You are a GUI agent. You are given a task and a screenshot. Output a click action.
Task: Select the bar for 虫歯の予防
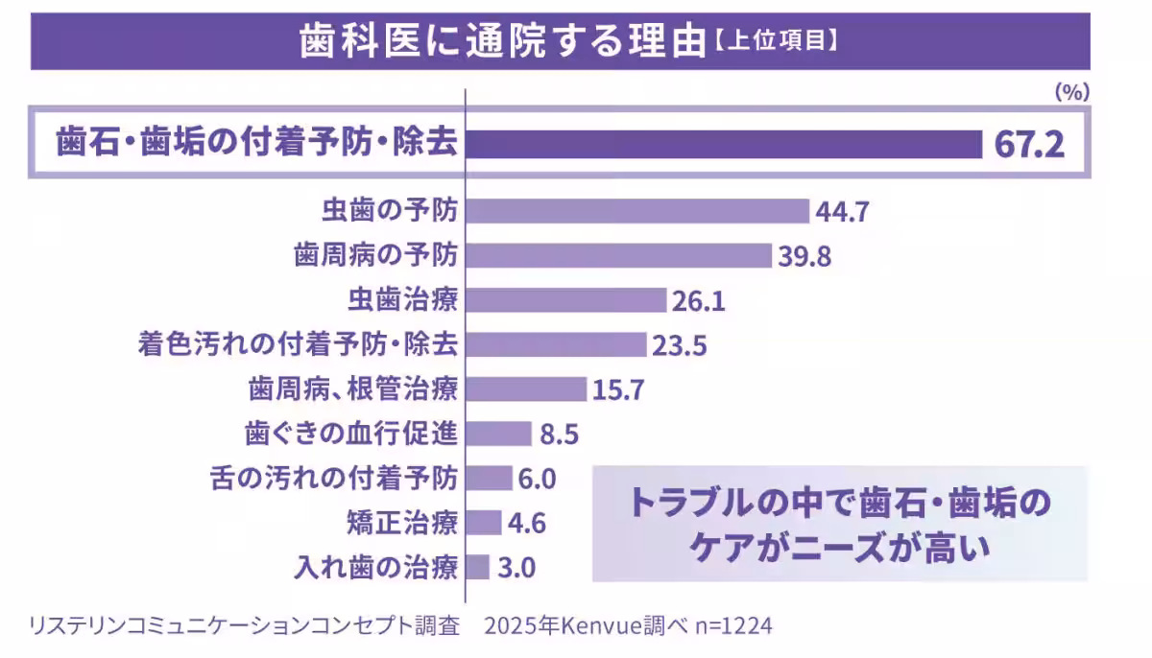tap(637, 211)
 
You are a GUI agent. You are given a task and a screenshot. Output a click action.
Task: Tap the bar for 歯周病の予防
tap(618, 255)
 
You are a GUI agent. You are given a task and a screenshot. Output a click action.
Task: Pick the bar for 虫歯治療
tap(565, 300)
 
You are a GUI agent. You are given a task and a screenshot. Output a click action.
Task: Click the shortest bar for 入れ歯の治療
tap(478, 567)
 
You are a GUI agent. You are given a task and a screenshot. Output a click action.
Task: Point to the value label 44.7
tap(842, 212)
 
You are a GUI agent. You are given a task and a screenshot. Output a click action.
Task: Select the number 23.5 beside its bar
tap(679, 345)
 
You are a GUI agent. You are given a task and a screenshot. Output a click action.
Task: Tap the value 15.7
tap(617, 389)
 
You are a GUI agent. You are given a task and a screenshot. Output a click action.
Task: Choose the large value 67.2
tap(1028, 146)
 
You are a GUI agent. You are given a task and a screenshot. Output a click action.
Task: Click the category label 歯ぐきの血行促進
tap(352, 434)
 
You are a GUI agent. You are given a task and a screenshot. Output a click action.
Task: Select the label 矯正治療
tap(402, 523)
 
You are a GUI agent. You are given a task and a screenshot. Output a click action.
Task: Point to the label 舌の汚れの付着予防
tap(334, 478)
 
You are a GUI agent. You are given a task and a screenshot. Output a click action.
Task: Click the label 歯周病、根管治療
tap(353, 389)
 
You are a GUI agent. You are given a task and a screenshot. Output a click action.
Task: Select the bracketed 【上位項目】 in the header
tap(777, 42)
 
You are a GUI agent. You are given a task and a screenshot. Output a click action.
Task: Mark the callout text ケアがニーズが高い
tap(839, 550)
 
